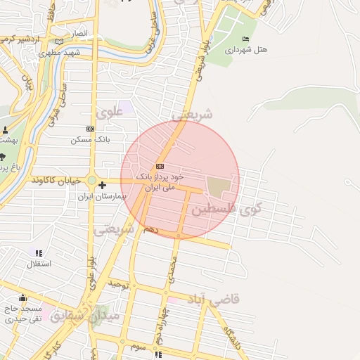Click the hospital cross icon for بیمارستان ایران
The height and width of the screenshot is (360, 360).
(x=103, y=185)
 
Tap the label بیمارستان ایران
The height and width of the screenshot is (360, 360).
(x=102, y=197)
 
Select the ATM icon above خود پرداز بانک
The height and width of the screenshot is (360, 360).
(x=159, y=166)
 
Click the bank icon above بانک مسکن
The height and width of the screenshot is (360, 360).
(x=90, y=129)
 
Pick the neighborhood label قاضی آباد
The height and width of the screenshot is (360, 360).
(x=212, y=300)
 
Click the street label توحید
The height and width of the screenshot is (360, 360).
(x=119, y=285)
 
